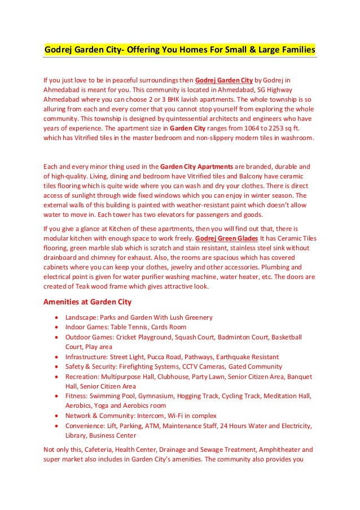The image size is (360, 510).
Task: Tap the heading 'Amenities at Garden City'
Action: pyautogui.click(x=87, y=302)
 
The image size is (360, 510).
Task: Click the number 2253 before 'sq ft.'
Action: pyautogui.click(x=265, y=128)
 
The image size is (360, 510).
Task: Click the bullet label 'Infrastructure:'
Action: pyautogui.click(x=88, y=357)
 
